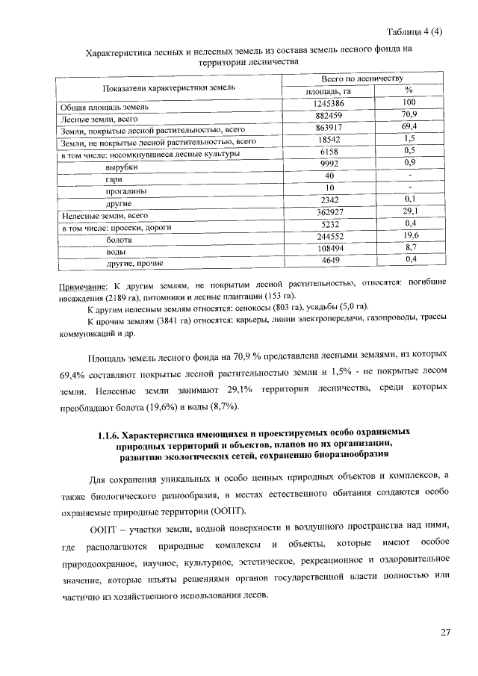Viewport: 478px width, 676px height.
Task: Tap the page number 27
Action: tap(446, 633)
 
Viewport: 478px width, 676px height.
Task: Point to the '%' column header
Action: tap(409, 90)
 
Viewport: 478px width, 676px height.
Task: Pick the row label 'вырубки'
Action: tap(122, 167)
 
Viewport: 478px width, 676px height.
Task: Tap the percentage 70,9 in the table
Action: tap(409, 114)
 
